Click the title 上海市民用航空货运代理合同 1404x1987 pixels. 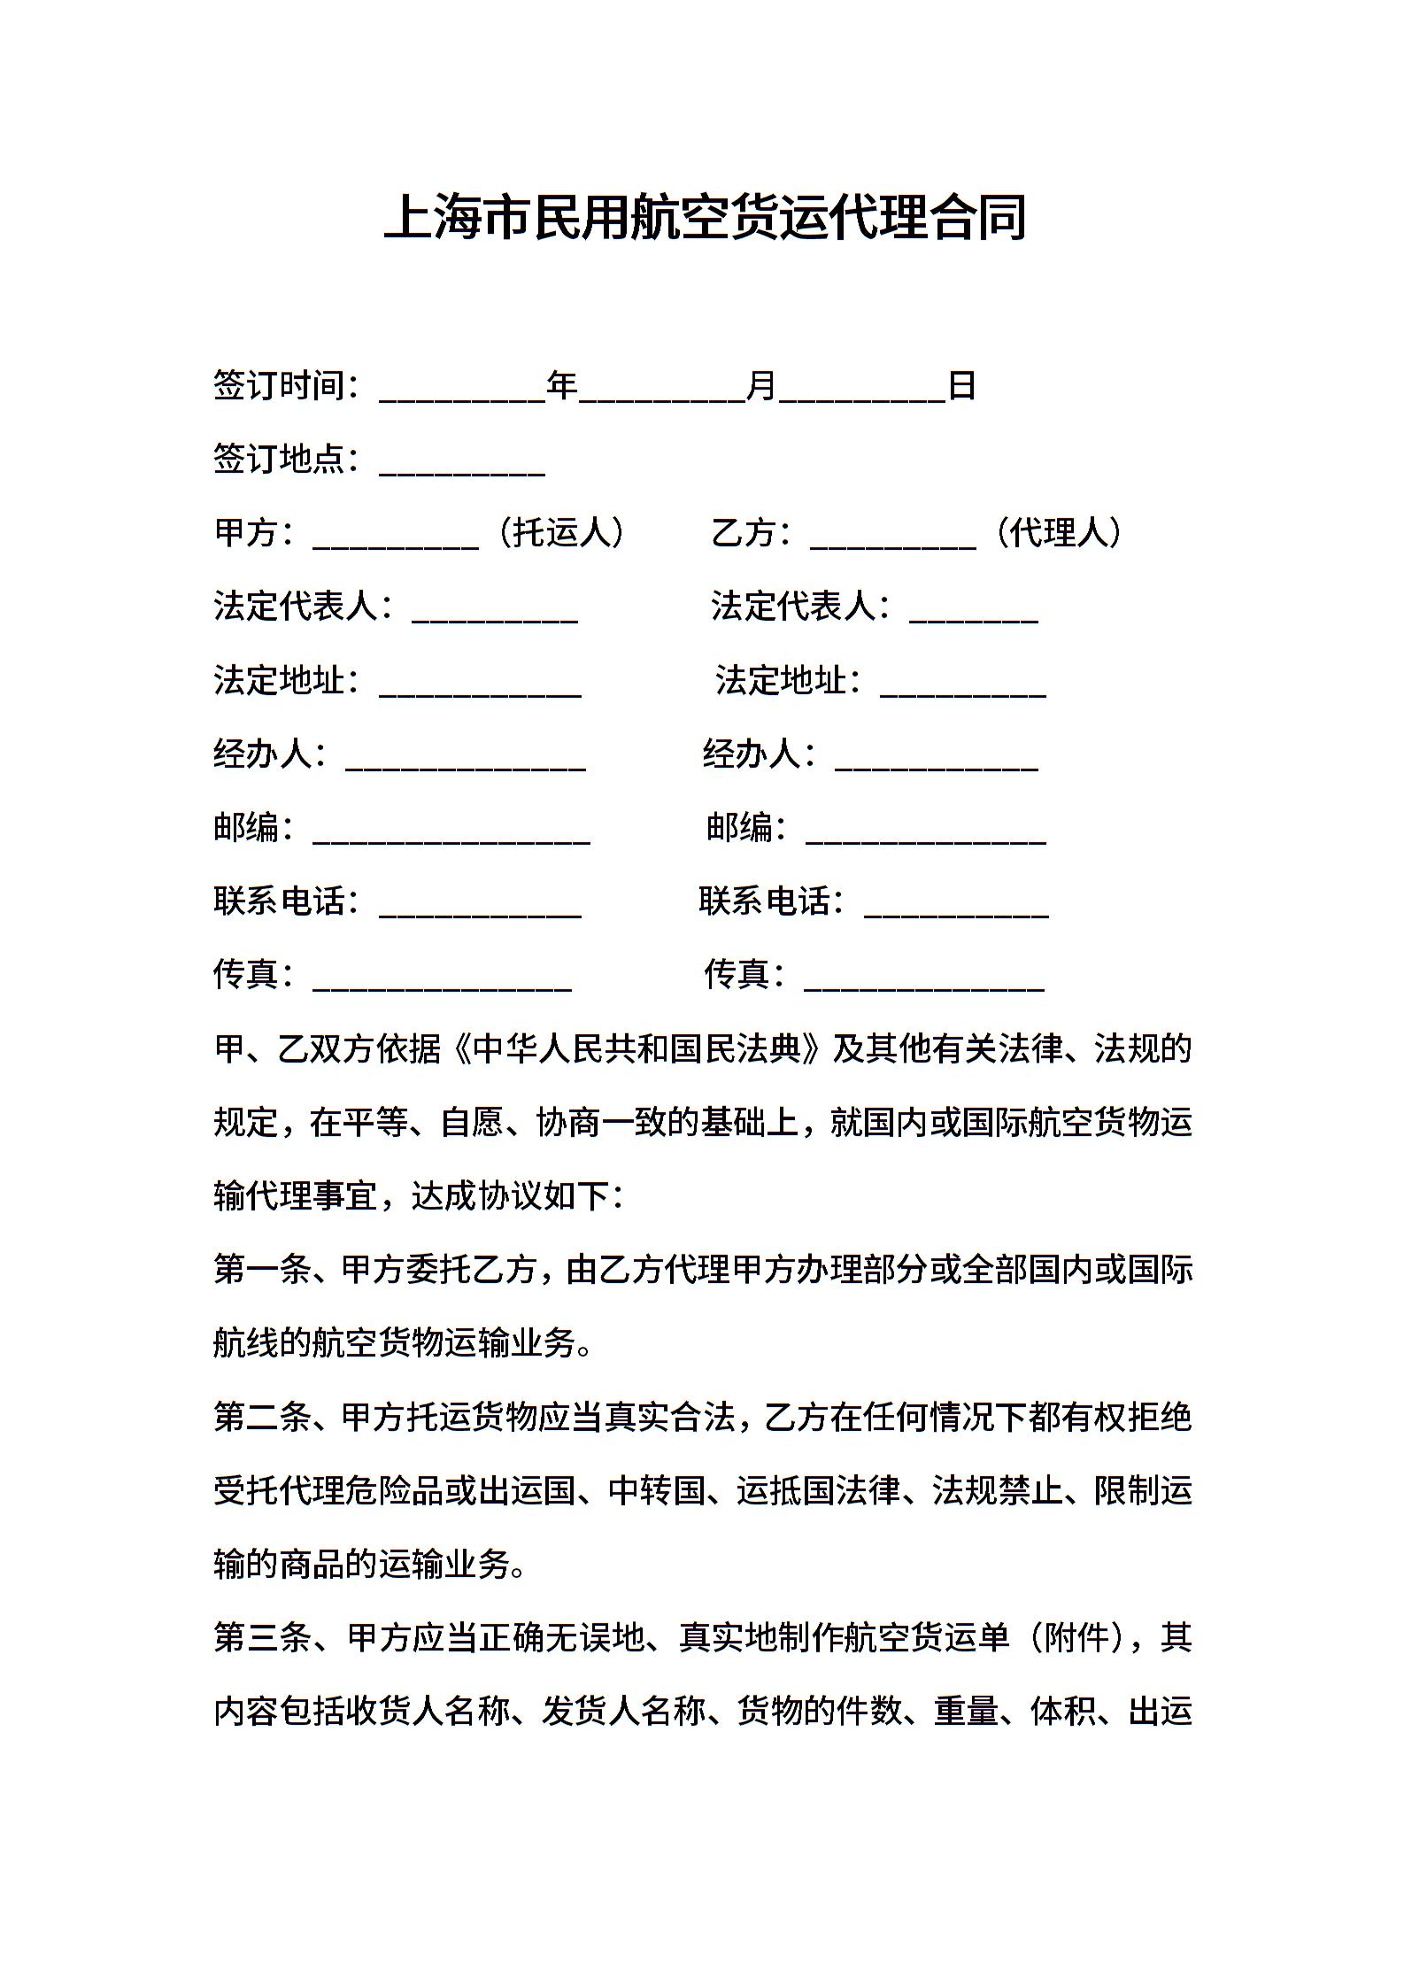click(705, 217)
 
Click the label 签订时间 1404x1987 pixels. click(279, 386)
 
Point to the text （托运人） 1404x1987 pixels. click(561, 532)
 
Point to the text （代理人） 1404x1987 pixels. click(1058, 532)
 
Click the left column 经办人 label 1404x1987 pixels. click(263, 754)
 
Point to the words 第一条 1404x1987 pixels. click(263, 1270)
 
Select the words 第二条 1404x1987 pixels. click(263, 1418)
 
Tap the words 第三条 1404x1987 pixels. click(263, 1637)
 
